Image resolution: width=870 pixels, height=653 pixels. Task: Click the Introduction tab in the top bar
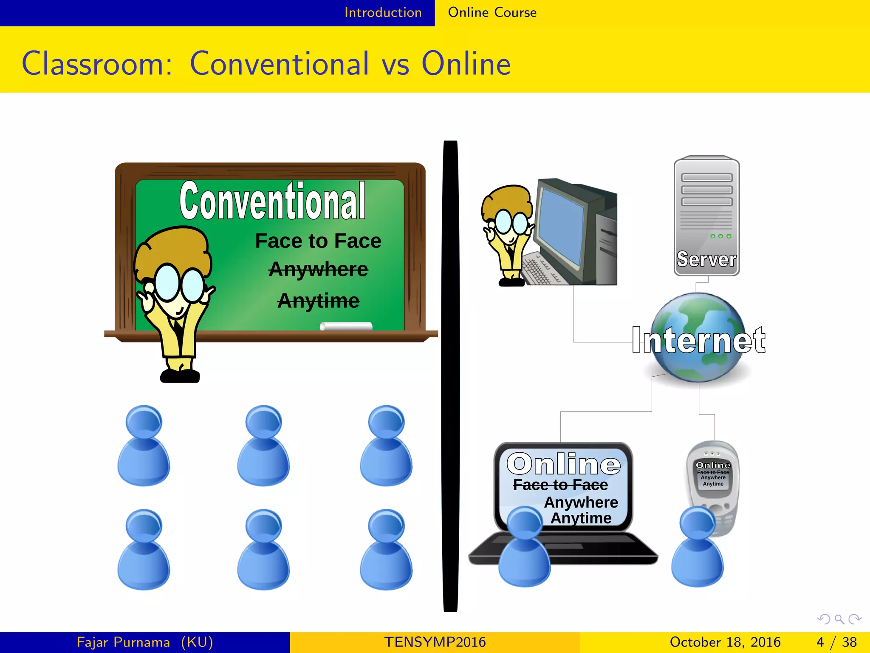383,13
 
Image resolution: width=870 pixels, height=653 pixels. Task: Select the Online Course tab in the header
492,13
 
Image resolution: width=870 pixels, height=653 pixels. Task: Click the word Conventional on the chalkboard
272,201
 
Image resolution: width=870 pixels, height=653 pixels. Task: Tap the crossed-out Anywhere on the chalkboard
318,270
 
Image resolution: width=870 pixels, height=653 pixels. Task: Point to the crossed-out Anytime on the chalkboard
318,301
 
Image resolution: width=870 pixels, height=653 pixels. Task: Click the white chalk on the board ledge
346,326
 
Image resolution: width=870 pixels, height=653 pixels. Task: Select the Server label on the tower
706,259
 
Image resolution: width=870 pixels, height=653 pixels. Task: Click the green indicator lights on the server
720,236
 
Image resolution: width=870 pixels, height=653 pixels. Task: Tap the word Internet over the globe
698,340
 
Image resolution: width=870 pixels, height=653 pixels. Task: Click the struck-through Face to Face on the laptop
560,485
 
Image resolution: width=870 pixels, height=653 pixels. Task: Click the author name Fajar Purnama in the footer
123,642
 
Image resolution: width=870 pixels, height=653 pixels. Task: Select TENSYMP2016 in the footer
435,642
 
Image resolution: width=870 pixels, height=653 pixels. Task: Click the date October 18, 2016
725,642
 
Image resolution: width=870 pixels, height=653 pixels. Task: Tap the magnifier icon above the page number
839,619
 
